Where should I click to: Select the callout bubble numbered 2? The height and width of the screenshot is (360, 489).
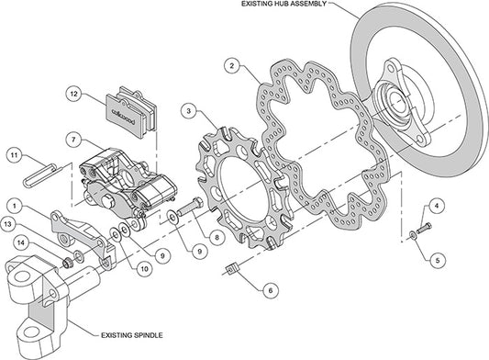(234, 65)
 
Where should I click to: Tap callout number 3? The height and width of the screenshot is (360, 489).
(188, 111)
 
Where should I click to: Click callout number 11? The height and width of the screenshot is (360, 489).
(16, 155)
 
